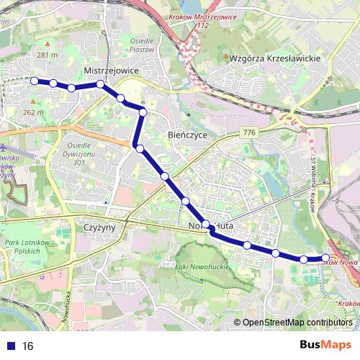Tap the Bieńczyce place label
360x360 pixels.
pyautogui.click(x=187, y=135)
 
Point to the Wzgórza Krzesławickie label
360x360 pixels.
pyautogui.click(x=274, y=58)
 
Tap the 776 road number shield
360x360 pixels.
pyautogui.click(x=250, y=132)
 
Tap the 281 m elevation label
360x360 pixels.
pyautogui.click(x=47, y=55)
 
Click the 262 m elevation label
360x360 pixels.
pyautogui.click(x=33, y=112)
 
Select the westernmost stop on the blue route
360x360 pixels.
pyautogui.click(x=34, y=81)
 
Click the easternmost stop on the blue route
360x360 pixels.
pyautogui.click(x=325, y=257)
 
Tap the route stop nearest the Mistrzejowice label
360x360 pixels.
pyautogui.click(x=101, y=84)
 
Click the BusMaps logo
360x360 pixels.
pyautogui.click(x=326, y=346)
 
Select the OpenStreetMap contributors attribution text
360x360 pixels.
pyautogui.click(x=297, y=323)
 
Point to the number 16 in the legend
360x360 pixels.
pyautogui.click(x=28, y=346)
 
